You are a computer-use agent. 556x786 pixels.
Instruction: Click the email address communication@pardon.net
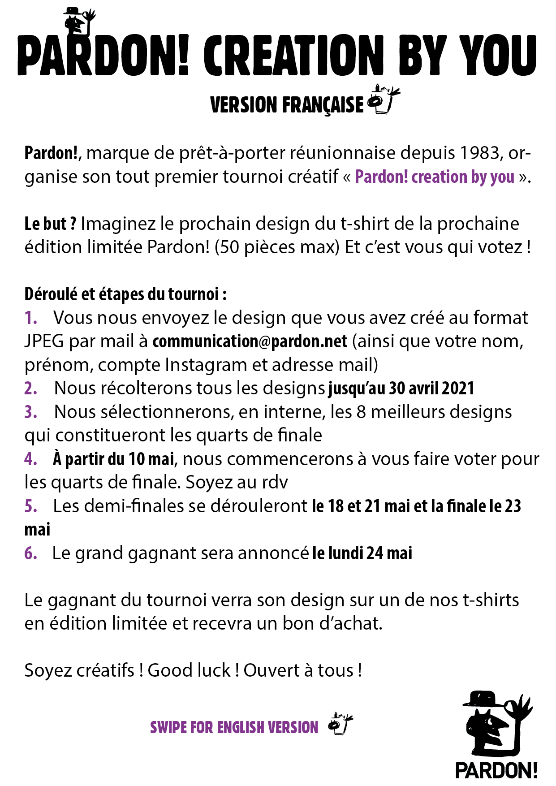click(250, 341)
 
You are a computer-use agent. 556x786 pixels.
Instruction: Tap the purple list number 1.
click(30, 318)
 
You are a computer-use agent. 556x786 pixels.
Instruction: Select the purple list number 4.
click(30, 459)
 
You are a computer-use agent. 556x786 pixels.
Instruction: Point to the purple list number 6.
click(30, 553)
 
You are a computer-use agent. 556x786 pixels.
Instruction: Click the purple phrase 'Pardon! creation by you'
click(434, 177)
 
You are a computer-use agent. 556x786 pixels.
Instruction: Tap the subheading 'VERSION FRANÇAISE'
click(287, 105)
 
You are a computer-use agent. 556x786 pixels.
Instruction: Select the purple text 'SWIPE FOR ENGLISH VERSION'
click(234, 727)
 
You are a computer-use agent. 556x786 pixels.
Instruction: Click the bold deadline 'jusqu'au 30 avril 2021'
click(401, 389)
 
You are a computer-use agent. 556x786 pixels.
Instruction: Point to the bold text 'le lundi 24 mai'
click(362, 553)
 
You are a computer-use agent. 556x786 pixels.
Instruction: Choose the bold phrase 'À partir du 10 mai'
click(113, 459)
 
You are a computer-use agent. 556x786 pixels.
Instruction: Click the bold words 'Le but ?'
click(50, 224)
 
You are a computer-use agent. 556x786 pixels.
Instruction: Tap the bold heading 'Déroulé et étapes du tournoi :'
click(125, 294)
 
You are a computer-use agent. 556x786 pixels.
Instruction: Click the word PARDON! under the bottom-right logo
click(496, 770)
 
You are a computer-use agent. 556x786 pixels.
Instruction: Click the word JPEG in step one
click(44, 341)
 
